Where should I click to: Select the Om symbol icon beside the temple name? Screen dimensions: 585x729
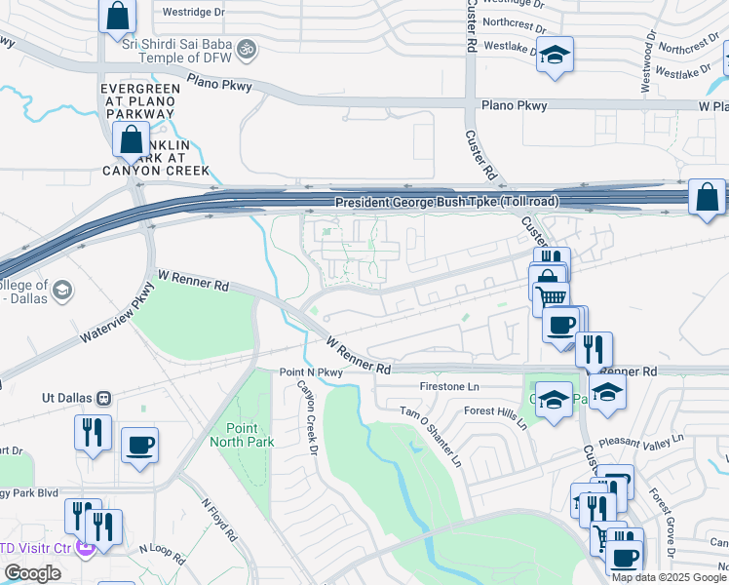(x=247, y=46)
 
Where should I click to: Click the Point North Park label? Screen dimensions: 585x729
(x=242, y=435)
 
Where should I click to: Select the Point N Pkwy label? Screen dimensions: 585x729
(x=312, y=372)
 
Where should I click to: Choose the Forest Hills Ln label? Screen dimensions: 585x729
(x=495, y=418)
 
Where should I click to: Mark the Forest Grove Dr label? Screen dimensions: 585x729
(x=668, y=526)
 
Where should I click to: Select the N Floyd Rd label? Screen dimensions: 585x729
(x=219, y=520)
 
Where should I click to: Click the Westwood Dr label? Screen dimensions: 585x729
(x=646, y=64)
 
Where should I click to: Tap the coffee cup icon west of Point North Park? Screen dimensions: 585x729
(x=139, y=447)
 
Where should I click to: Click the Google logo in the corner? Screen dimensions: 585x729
(x=32, y=573)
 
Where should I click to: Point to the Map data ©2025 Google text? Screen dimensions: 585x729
(x=670, y=577)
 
